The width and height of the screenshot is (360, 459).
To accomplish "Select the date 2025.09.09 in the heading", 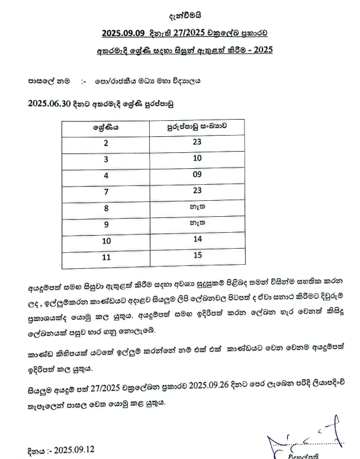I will point(122,33).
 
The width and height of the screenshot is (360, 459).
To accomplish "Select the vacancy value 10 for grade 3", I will point(197,159).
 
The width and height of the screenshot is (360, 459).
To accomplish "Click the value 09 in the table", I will point(197,175).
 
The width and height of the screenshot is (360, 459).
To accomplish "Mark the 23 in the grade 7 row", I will point(197,191).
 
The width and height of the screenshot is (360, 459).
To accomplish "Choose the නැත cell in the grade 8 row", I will point(197,207).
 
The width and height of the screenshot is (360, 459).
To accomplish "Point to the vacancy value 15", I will point(197,255).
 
